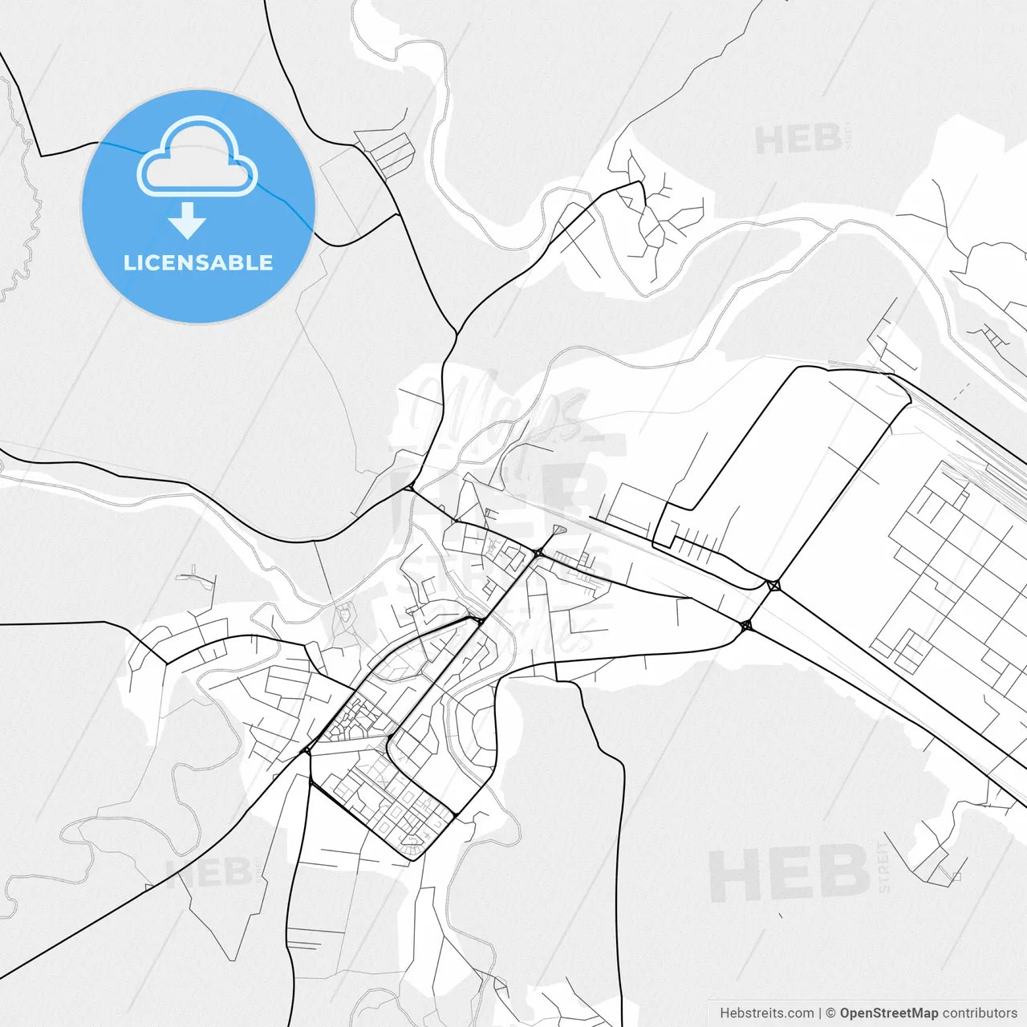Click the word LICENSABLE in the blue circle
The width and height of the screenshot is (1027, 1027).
198,263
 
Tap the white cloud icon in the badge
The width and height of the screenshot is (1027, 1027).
197,158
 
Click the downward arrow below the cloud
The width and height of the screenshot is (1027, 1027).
188,221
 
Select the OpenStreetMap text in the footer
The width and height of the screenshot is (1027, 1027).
888,1013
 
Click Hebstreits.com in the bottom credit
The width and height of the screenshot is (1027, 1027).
766,1013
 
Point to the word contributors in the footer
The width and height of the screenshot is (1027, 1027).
979,1013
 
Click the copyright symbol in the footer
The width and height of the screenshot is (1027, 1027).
830,1013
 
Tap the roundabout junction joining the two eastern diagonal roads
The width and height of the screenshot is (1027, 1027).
773,586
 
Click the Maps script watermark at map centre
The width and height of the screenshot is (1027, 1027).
497,413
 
